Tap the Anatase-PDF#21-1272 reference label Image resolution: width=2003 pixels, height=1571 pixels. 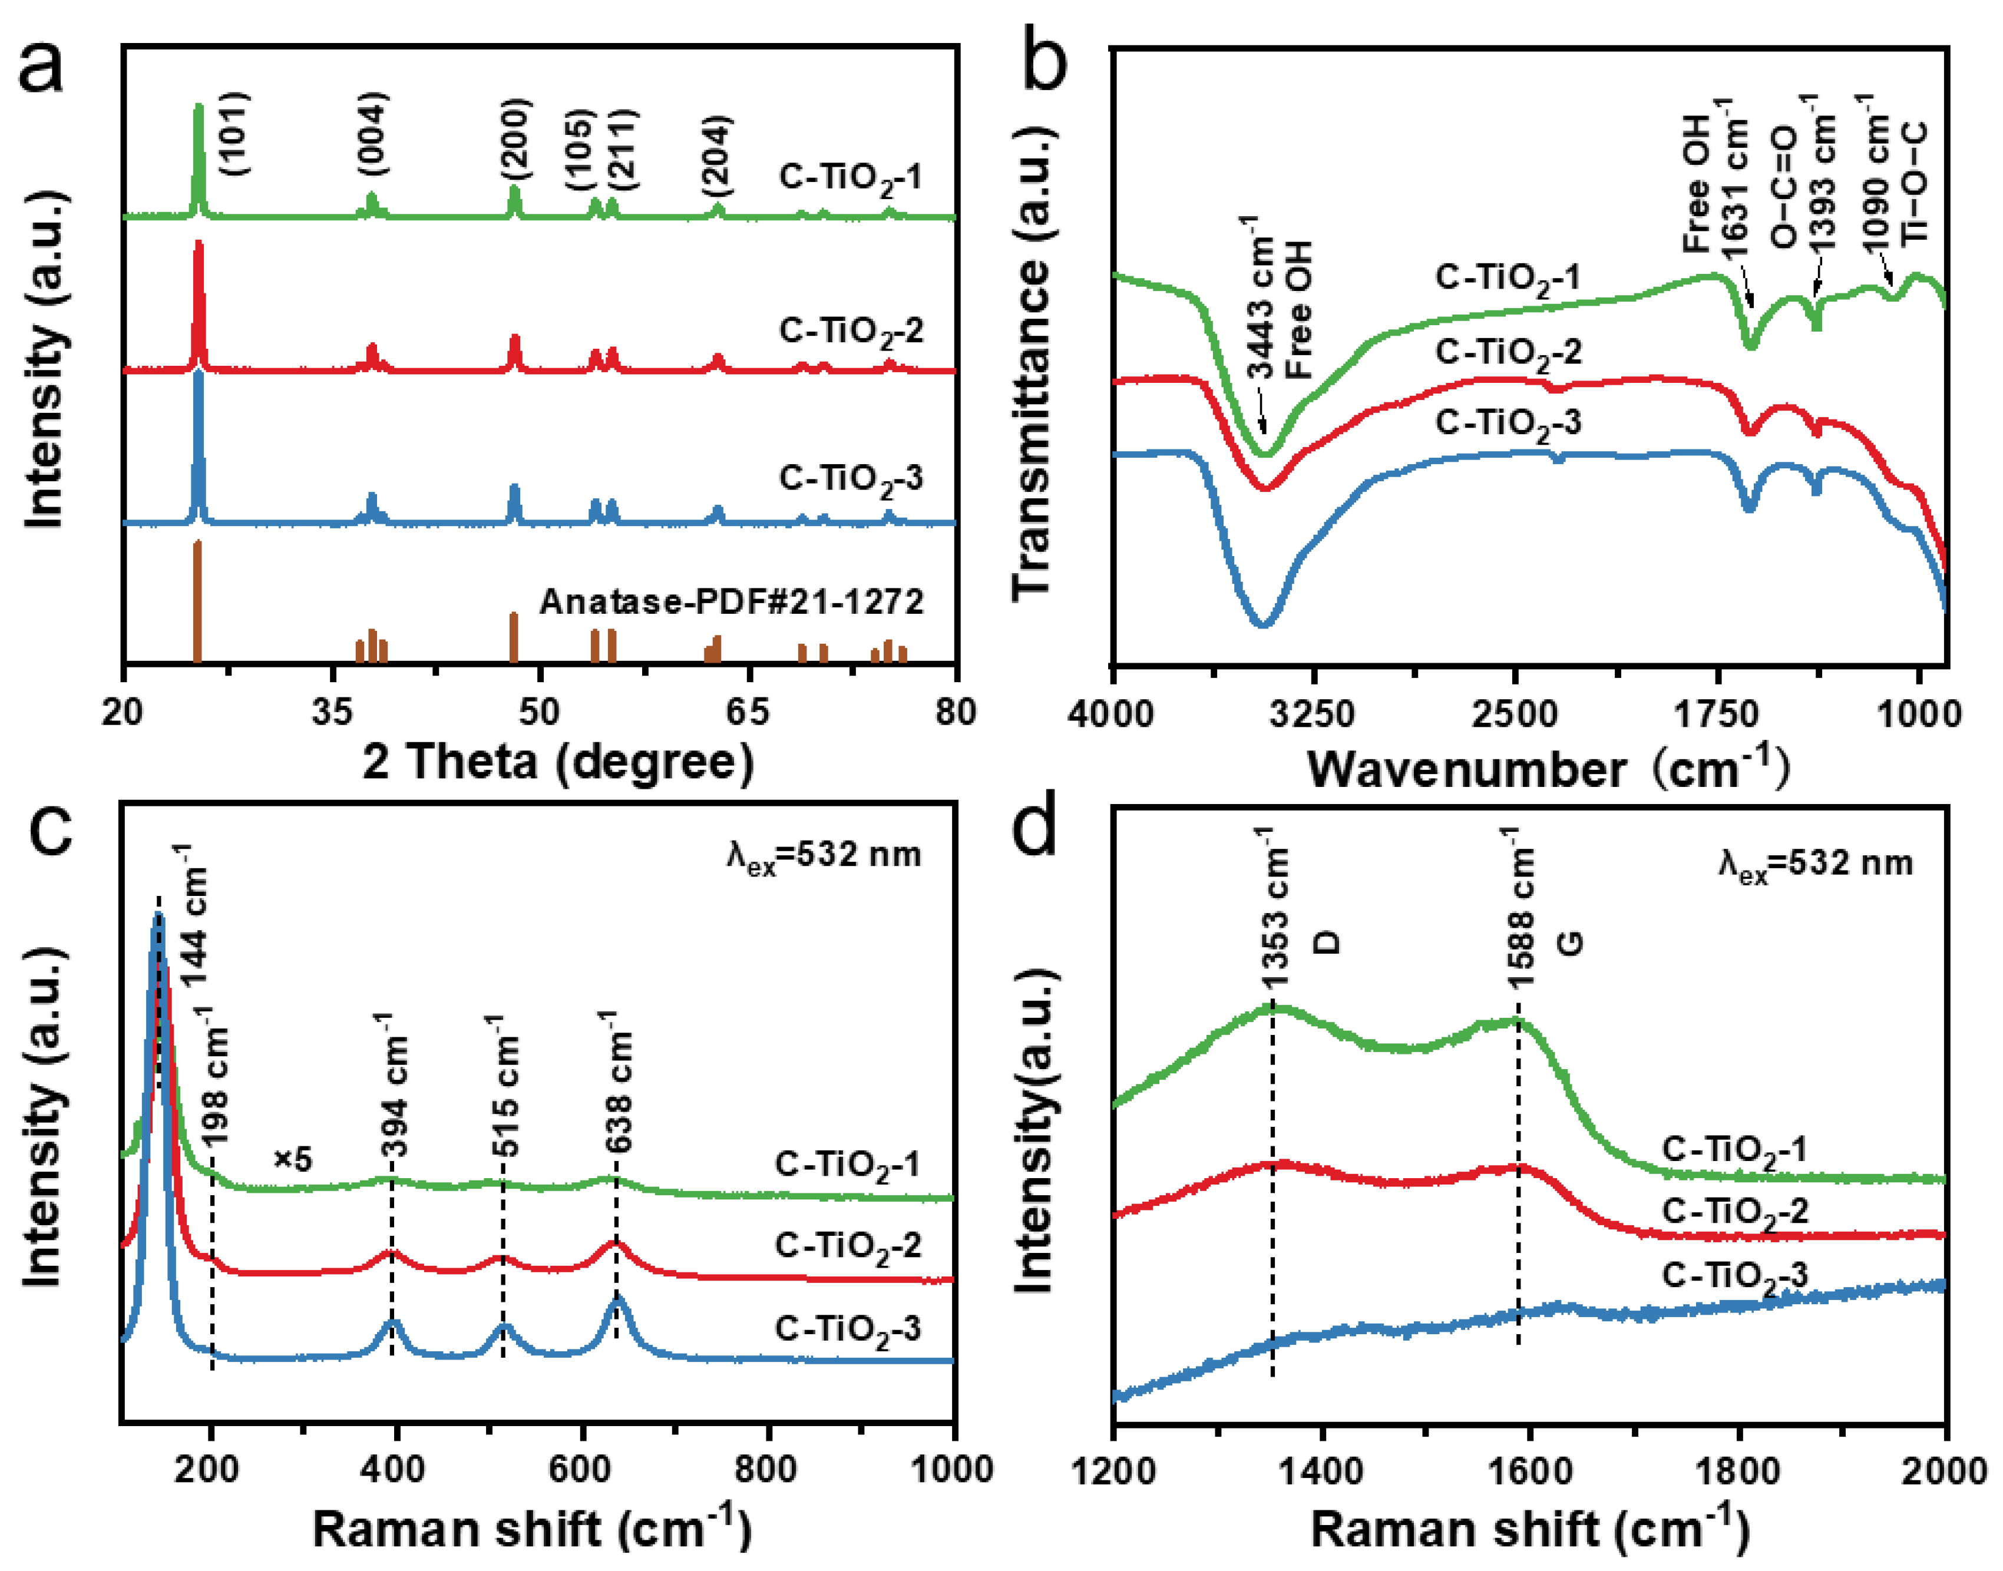[x=731, y=601]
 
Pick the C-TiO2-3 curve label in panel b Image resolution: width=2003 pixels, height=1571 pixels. [x=1508, y=423]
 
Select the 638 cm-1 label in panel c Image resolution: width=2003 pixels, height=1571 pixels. [x=618, y=1083]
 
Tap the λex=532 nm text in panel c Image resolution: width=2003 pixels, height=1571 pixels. [x=823, y=855]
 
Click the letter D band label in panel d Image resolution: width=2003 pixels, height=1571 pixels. [x=1327, y=941]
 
